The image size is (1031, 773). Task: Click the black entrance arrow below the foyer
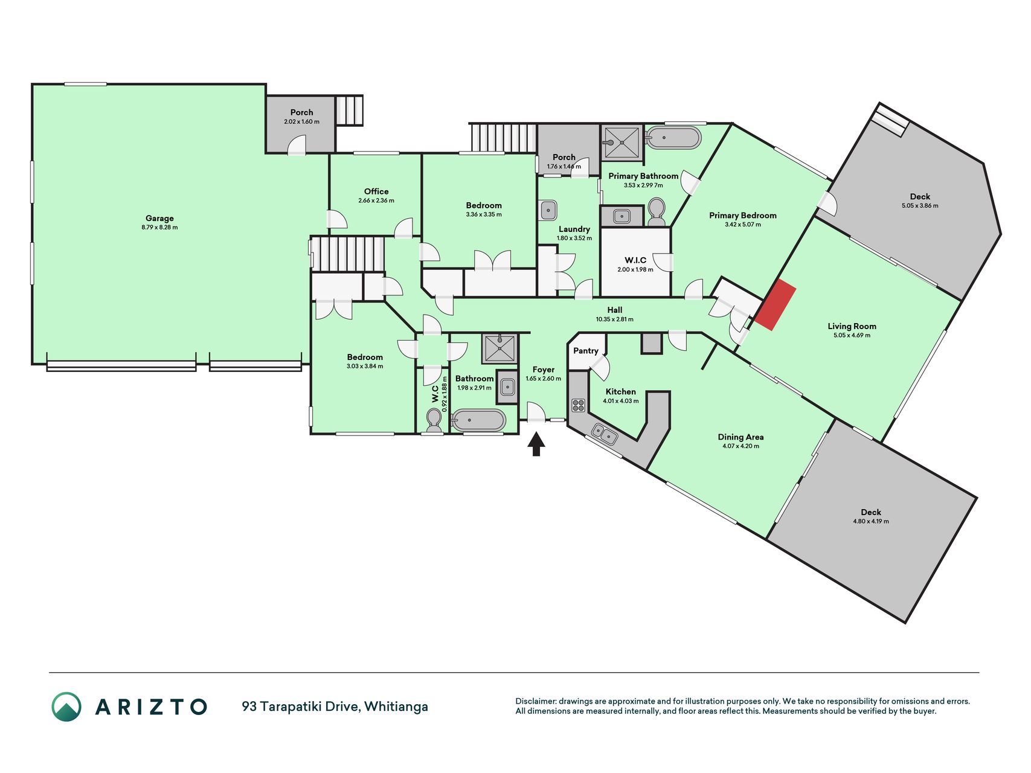(536, 443)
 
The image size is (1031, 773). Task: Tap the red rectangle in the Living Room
(775, 305)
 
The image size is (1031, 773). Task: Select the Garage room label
(159, 218)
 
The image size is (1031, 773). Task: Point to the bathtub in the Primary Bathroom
(673, 138)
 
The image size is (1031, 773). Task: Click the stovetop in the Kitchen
(579, 405)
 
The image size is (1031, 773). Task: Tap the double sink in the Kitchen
(605, 434)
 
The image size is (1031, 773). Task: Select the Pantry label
(586, 350)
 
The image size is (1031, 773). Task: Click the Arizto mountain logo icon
(66, 707)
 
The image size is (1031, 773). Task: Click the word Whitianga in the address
(396, 706)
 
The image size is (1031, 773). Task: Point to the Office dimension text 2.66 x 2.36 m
(376, 200)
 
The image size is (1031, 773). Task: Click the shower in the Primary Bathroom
(621, 143)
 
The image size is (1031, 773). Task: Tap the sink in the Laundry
(548, 210)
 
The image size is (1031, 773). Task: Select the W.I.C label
(635, 260)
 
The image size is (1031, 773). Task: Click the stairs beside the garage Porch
(349, 111)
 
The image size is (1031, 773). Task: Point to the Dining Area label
(740, 437)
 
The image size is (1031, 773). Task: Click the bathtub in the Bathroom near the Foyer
(478, 420)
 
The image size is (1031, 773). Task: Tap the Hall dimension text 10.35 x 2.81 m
(615, 319)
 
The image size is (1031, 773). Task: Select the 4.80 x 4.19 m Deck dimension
(871, 521)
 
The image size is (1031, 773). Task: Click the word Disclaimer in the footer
(535, 701)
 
